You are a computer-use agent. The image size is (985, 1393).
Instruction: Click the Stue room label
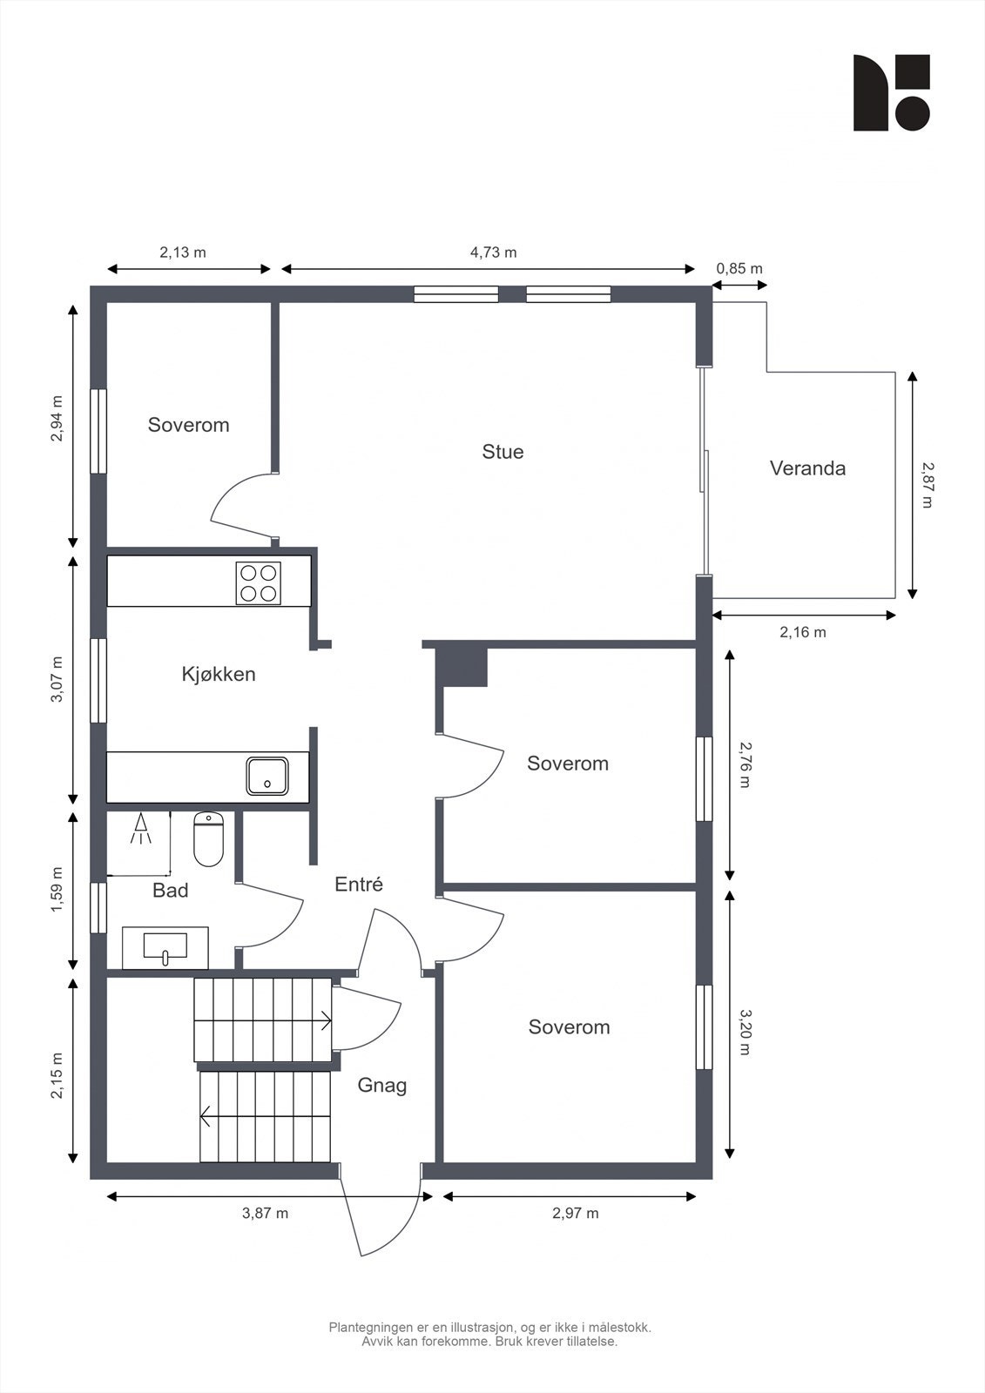point(503,452)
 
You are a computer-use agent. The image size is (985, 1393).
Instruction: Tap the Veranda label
point(807,468)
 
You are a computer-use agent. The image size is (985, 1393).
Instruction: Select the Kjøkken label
point(219,674)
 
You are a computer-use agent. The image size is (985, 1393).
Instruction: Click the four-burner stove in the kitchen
point(259,582)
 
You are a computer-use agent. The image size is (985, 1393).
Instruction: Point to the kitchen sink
point(267,776)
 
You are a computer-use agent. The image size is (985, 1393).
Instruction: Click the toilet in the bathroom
point(208,839)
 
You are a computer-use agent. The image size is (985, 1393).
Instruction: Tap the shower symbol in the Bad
point(140,828)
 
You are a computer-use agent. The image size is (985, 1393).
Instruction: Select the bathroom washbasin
point(165,948)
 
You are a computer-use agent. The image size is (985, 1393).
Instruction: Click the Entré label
point(359,885)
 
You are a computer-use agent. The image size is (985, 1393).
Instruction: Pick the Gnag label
point(382,1086)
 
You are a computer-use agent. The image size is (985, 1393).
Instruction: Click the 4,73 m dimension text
point(494,252)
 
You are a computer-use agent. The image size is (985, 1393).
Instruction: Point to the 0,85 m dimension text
point(739,269)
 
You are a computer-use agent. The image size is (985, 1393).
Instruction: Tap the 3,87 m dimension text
point(265,1214)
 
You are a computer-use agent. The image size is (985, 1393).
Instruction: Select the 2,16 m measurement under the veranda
point(803,632)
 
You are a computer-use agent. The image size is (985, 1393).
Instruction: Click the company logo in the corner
point(892,92)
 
